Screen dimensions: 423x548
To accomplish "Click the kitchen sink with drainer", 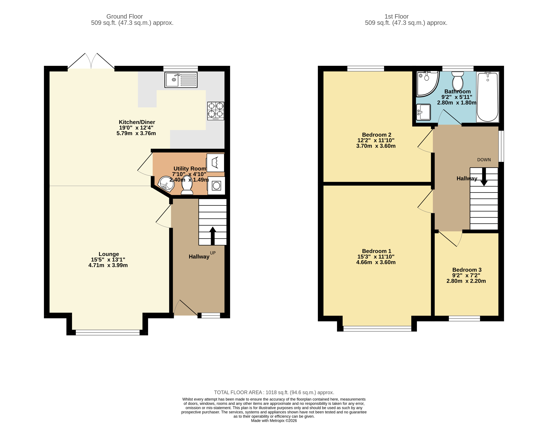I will click(181, 80).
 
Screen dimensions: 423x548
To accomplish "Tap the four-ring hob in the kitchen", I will click(215, 111).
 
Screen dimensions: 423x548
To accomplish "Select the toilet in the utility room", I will click(187, 185).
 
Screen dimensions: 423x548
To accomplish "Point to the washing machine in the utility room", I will click(216, 186).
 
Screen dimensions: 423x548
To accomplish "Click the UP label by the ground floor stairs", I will click(213, 253).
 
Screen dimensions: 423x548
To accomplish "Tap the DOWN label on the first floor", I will click(484, 160).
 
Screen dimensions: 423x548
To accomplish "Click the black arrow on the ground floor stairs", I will click(213, 236).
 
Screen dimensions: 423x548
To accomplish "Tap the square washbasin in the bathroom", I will click(424, 112).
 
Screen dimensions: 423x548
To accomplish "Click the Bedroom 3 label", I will click(467, 270).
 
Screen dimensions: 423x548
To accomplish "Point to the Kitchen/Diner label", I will click(137, 122).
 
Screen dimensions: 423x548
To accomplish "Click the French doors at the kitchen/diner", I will click(91, 62).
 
